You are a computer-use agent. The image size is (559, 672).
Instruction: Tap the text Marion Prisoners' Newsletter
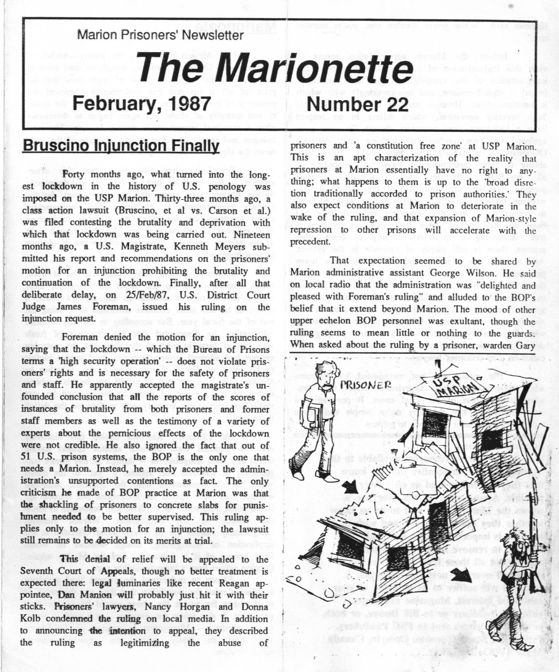coord(160,35)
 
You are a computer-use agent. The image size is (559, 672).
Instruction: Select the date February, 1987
coord(142,104)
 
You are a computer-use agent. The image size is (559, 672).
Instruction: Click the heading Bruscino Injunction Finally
coord(120,145)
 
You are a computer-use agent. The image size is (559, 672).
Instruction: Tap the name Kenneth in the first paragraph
coord(192,246)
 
